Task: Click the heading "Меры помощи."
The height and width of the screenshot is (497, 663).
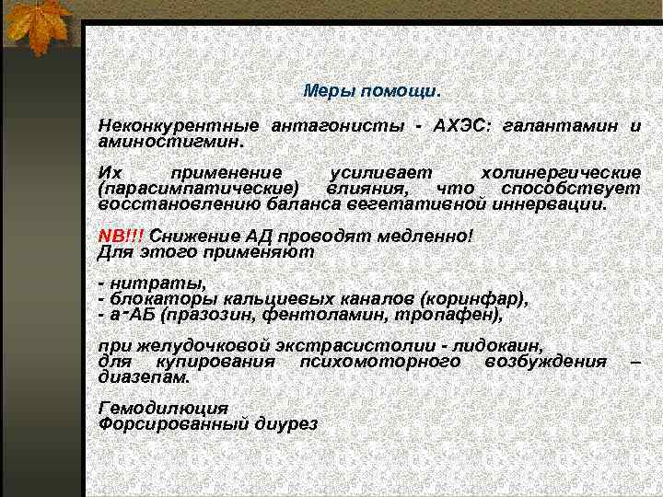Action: point(373,92)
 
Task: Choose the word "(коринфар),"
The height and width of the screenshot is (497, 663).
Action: point(473,299)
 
